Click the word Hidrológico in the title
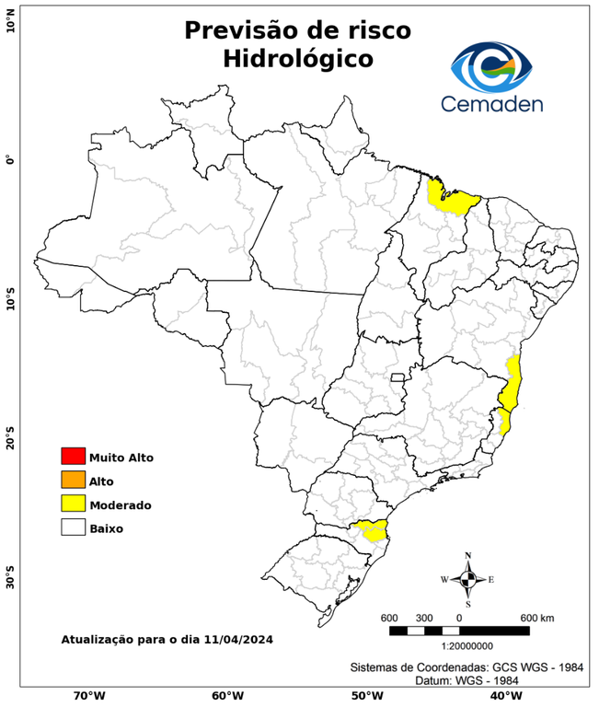[297, 59]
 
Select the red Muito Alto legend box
[73, 457]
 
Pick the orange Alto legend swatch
[73, 481]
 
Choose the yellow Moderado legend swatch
[73, 504]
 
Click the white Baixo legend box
[73, 528]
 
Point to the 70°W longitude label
[88, 696]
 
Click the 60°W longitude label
[227, 696]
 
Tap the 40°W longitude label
[504, 696]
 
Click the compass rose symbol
[467, 579]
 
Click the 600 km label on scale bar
[537, 617]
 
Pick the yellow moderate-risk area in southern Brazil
[372, 530]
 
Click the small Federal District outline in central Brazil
[398, 377]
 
